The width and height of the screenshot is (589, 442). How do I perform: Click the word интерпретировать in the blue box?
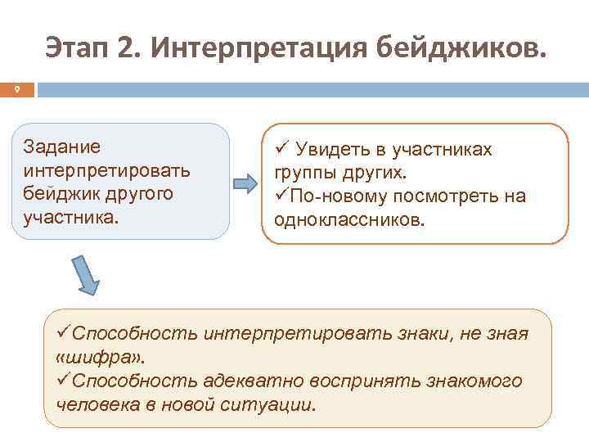click(107, 172)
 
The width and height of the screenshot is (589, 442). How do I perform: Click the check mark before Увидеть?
click(281, 150)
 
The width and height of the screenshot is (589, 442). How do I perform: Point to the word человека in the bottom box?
click(98, 405)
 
